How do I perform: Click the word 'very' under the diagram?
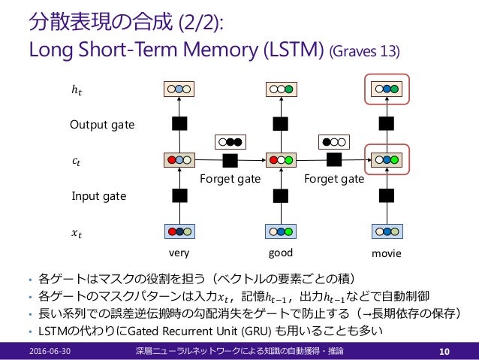click(179, 253)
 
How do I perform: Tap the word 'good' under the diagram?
click(280, 253)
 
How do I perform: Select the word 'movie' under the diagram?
click(387, 254)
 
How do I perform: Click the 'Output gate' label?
click(102, 124)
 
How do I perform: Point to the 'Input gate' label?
click(98, 196)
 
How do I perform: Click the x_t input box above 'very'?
click(180, 231)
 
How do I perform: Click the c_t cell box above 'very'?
click(180, 160)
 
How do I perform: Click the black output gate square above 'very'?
click(180, 124)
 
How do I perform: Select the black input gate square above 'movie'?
click(386, 196)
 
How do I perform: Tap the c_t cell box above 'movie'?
click(386, 160)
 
